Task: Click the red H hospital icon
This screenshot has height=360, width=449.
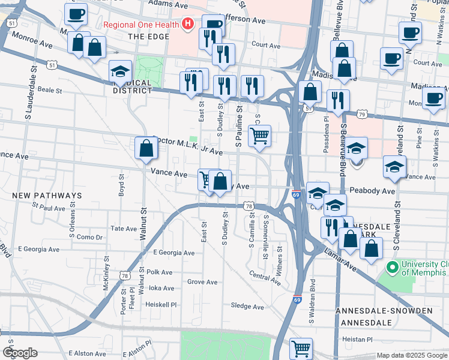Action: tap(188, 25)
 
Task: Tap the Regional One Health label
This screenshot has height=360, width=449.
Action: tap(141, 25)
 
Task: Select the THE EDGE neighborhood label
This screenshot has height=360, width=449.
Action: tap(146, 37)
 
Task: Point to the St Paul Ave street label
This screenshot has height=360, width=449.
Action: tap(49, 208)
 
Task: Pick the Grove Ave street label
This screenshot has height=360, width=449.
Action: tap(202, 281)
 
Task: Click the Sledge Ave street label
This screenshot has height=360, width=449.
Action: tap(248, 307)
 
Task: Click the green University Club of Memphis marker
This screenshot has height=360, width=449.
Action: tap(393, 266)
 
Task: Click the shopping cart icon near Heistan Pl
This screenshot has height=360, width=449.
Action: tap(301, 347)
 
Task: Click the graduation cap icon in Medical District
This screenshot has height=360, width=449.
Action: tap(120, 71)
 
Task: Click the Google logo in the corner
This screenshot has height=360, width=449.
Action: tap(20, 353)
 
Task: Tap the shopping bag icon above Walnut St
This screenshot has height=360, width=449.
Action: tap(146, 148)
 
